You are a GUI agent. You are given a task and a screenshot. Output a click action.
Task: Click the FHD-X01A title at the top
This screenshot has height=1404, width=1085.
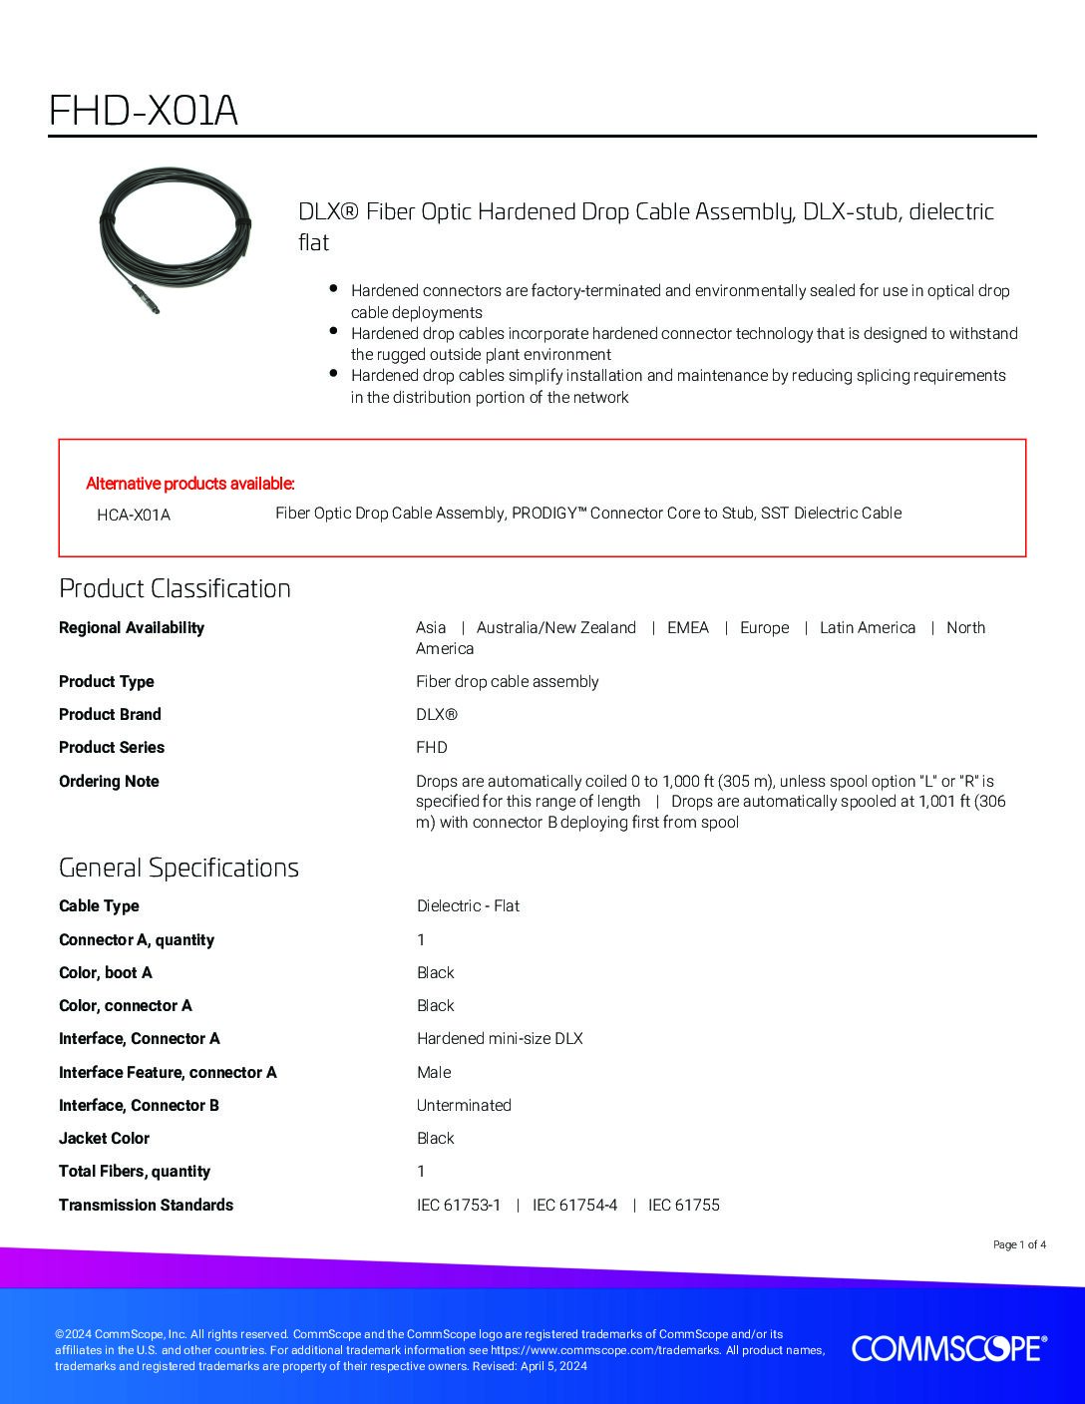click(x=144, y=112)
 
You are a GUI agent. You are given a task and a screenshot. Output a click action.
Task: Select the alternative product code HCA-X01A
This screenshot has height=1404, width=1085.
click(x=134, y=515)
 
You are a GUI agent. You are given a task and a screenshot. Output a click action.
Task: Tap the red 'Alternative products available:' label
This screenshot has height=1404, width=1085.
click(x=190, y=484)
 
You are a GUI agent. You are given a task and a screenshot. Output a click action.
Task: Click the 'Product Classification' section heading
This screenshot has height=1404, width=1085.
click(x=175, y=588)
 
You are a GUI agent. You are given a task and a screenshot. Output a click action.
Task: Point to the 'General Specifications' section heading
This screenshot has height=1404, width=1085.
click(x=179, y=868)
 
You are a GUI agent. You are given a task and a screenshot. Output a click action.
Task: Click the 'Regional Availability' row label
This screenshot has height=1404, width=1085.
click(x=132, y=627)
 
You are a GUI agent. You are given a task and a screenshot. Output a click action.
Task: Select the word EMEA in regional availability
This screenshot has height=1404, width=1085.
click(x=688, y=627)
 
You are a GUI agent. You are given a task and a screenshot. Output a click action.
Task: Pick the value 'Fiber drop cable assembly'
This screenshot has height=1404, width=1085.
click(x=507, y=681)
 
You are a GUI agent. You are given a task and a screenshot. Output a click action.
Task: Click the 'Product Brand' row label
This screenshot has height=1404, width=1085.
click(x=110, y=714)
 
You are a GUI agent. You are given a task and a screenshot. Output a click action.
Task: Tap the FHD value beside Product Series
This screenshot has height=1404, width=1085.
click(x=431, y=747)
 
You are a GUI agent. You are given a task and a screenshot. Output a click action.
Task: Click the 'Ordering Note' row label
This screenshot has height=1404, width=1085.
click(x=109, y=781)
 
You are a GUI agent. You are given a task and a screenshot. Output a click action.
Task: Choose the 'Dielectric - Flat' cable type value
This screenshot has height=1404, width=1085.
click(x=468, y=905)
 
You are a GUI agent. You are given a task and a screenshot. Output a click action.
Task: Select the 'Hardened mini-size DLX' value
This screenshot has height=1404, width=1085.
click(x=499, y=1038)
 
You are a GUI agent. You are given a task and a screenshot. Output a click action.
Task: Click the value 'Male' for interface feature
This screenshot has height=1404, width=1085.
click(x=434, y=1072)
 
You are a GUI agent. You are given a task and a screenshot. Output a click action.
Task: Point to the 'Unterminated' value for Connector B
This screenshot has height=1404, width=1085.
click(x=464, y=1105)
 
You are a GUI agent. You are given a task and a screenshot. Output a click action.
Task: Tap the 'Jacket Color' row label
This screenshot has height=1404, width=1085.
click(x=104, y=1138)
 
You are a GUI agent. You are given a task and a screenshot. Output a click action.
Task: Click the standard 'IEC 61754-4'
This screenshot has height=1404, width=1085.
click(x=574, y=1205)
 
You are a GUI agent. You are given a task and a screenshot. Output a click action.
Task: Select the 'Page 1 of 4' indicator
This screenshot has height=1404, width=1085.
click(x=1019, y=1244)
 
